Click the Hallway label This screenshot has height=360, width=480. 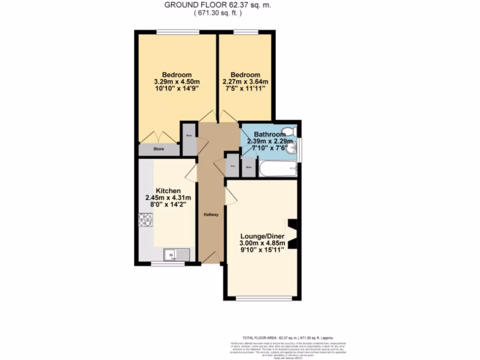coord(211,215)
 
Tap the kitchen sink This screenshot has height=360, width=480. coord(176,255)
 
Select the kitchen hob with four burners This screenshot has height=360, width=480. coord(146,220)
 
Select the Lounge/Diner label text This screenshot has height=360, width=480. coord(262,236)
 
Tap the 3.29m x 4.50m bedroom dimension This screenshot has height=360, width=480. coord(177,83)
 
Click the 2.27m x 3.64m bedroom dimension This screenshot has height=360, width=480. coord(245,83)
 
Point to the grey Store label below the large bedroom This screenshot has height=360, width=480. coord(158,150)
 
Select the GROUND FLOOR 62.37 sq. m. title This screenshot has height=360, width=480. coord(217,6)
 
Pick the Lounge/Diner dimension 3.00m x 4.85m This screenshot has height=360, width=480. coord(262,243)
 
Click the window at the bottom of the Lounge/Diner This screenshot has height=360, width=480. coord(261,298)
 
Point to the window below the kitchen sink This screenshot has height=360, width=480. coord(167,263)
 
